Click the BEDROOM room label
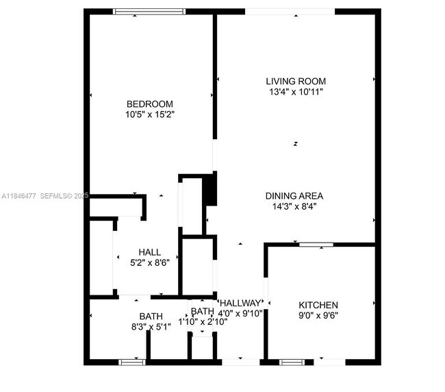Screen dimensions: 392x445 point(149,104)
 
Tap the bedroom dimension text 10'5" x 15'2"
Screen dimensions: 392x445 point(149,114)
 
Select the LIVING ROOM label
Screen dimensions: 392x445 point(295,82)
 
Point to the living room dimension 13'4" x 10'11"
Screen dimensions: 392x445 point(295,92)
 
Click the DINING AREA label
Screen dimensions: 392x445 point(294,195)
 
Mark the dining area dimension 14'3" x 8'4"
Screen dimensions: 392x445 point(294,206)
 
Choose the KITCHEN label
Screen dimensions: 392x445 point(318,305)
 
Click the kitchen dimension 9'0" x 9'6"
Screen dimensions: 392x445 point(318,315)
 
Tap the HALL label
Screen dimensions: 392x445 point(149,252)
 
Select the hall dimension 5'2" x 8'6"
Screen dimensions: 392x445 point(149,262)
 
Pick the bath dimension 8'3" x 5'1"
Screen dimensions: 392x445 point(151,327)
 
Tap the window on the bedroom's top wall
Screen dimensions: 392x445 point(149,11)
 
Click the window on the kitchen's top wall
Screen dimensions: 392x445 point(316,244)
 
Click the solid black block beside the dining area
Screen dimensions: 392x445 point(211,189)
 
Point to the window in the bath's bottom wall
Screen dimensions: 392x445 point(131,361)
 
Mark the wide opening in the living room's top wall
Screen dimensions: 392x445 point(290,11)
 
